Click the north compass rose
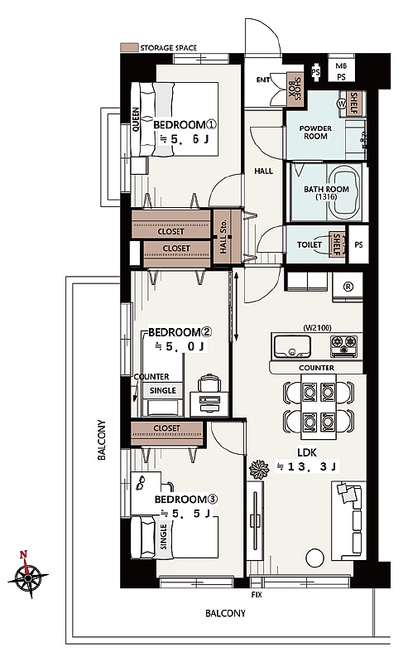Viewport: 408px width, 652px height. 28,577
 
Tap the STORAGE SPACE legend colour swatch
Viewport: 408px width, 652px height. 129,48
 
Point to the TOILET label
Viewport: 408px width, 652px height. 310,245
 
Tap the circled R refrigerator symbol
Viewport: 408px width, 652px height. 348,287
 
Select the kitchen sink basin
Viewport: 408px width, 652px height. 291,346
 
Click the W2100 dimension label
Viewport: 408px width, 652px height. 317,328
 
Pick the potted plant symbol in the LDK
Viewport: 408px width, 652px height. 259,469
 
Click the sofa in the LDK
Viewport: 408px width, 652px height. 348,520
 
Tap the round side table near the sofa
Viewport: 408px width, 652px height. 314,558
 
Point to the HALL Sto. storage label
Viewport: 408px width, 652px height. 224,238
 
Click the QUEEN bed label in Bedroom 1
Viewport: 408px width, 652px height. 136,120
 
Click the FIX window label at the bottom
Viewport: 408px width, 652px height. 257,595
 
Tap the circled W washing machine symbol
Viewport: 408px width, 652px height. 341,104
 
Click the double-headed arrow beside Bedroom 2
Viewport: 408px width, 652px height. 236,306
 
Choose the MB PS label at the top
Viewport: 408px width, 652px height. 341,71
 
